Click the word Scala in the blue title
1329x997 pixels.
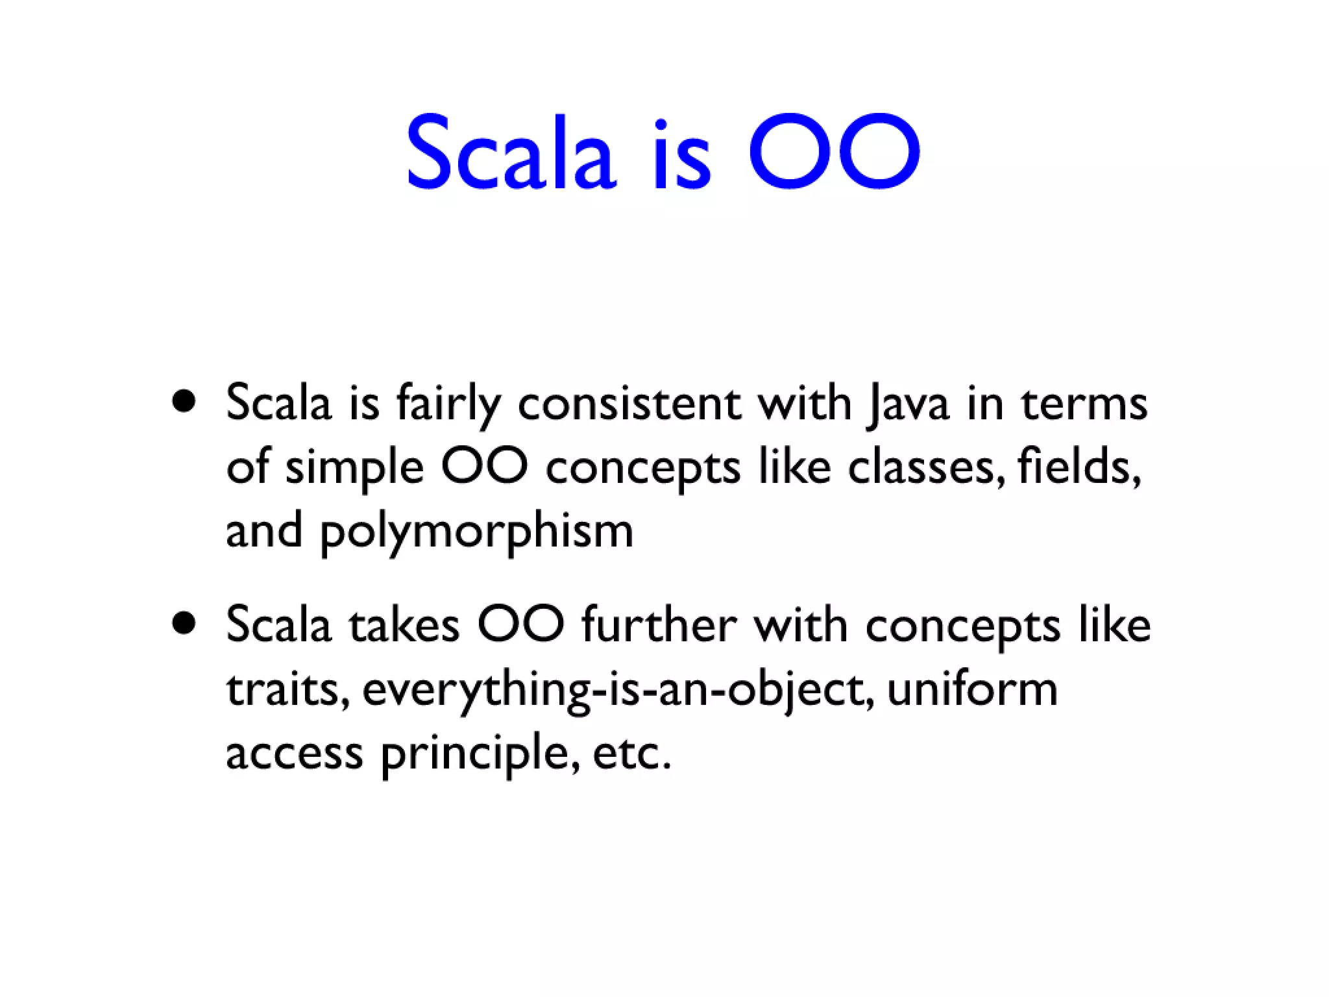coord(510,153)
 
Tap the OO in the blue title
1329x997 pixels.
coord(834,153)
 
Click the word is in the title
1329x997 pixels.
coord(681,156)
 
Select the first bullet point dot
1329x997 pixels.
coord(184,402)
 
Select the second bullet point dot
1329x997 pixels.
coord(184,624)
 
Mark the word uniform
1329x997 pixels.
coord(971,690)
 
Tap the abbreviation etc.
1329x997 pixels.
coord(631,755)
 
